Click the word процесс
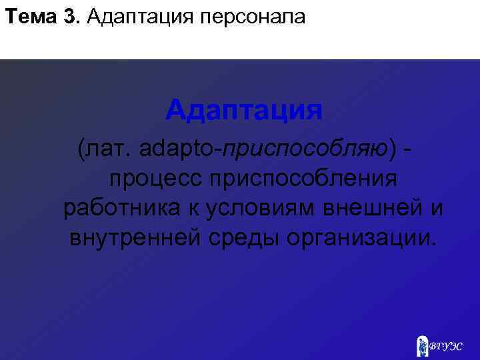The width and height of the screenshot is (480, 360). (x=157, y=179)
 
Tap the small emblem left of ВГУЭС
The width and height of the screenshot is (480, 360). (x=422, y=344)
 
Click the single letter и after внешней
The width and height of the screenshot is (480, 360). (x=435, y=207)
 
